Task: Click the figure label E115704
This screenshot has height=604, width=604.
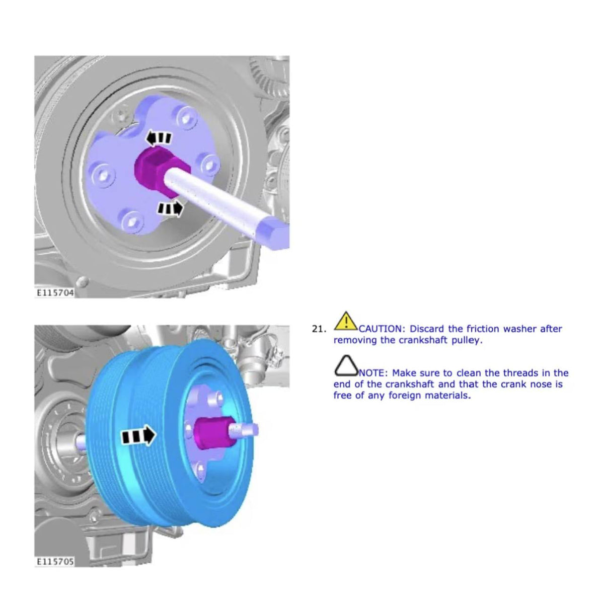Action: click(x=55, y=292)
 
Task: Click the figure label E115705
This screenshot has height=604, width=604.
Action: click(x=55, y=561)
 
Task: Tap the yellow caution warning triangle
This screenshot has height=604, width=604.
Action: click(x=345, y=321)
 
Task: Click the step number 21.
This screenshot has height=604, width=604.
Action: click(x=319, y=329)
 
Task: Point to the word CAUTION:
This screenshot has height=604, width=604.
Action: click(x=383, y=329)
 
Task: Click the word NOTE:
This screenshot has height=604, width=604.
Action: click(x=373, y=373)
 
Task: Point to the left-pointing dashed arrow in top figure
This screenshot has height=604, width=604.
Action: click(x=160, y=138)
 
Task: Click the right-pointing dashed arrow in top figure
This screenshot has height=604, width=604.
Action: click(x=171, y=208)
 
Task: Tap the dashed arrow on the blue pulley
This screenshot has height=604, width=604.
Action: click(x=138, y=436)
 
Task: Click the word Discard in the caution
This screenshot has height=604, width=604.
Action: click(x=427, y=329)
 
